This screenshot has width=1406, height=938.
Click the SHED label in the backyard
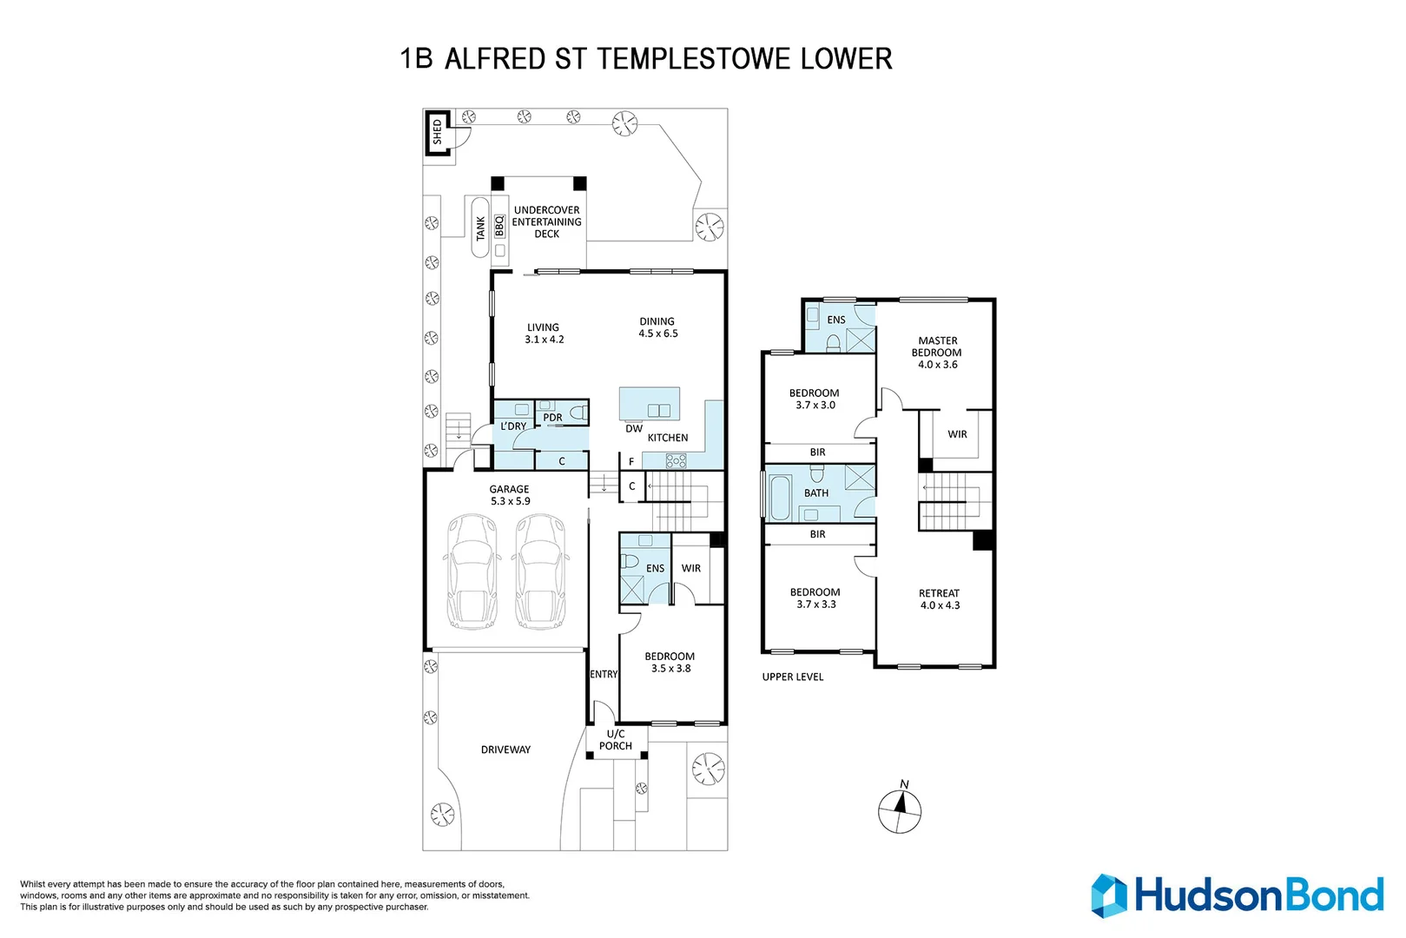tap(438, 133)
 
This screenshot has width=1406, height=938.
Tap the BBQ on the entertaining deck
tap(499, 227)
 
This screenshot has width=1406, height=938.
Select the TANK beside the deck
tap(480, 228)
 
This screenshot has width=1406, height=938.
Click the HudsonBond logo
tap(1238, 896)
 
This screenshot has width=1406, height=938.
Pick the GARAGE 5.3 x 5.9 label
tap(510, 495)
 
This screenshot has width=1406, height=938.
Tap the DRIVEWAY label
tap(506, 750)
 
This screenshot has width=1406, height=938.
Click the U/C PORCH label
tap(615, 740)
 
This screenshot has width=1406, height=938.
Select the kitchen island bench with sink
tap(650, 403)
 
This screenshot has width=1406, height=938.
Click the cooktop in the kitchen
tap(676, 461)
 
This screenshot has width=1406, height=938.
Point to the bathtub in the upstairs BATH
tap(780, 498)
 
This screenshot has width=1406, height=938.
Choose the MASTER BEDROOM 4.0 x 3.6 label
tap(937, 353)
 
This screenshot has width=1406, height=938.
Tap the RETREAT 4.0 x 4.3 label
tap(940, 599)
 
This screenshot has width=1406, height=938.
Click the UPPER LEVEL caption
tap(793, 677)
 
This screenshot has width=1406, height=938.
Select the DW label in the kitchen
tap(634, 429)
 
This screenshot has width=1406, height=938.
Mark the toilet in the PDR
tap(578, 413)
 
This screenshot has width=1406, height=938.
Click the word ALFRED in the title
tap(495, 59)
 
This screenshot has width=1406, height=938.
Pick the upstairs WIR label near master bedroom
tap(957, 434)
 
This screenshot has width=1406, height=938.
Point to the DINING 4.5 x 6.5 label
tap(657, 327)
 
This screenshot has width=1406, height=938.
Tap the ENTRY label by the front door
tap(604, 674)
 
